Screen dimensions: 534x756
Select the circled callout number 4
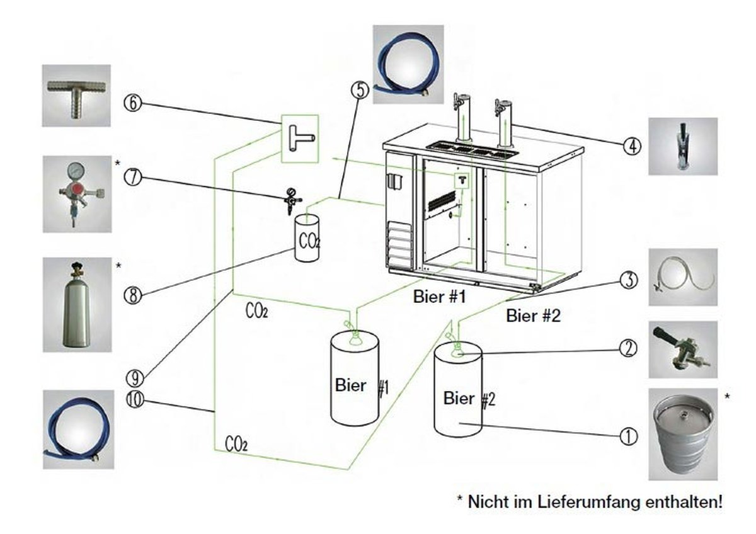[632, 146]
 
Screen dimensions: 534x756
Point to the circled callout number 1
[629, 435]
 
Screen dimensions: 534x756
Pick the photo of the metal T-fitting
[76, 95]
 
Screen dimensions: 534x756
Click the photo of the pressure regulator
[76, 195]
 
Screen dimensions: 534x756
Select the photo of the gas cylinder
[76, 304]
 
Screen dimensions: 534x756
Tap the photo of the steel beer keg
[683, 435]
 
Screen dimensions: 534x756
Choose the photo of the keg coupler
[683, 349]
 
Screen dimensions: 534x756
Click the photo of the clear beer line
[683, 277]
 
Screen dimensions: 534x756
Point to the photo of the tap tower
[683, 146]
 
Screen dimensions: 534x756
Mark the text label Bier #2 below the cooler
[533, 316]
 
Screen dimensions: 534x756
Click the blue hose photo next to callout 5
[408, 64]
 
